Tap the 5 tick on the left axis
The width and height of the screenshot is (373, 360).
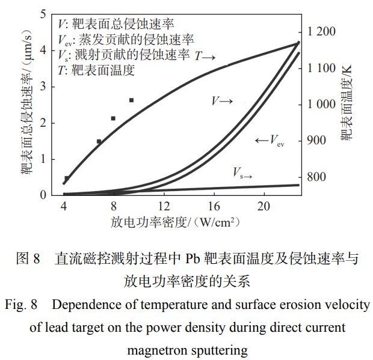43,14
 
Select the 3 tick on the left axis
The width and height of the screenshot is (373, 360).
43,87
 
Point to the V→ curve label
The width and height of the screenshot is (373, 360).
221,101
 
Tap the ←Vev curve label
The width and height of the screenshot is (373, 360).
269,141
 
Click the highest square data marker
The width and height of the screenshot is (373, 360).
131,100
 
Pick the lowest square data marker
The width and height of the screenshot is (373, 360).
67,178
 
